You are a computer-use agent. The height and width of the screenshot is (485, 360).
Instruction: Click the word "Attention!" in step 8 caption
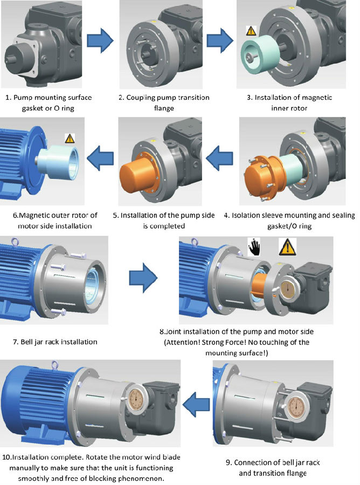[x=188, y=342]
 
